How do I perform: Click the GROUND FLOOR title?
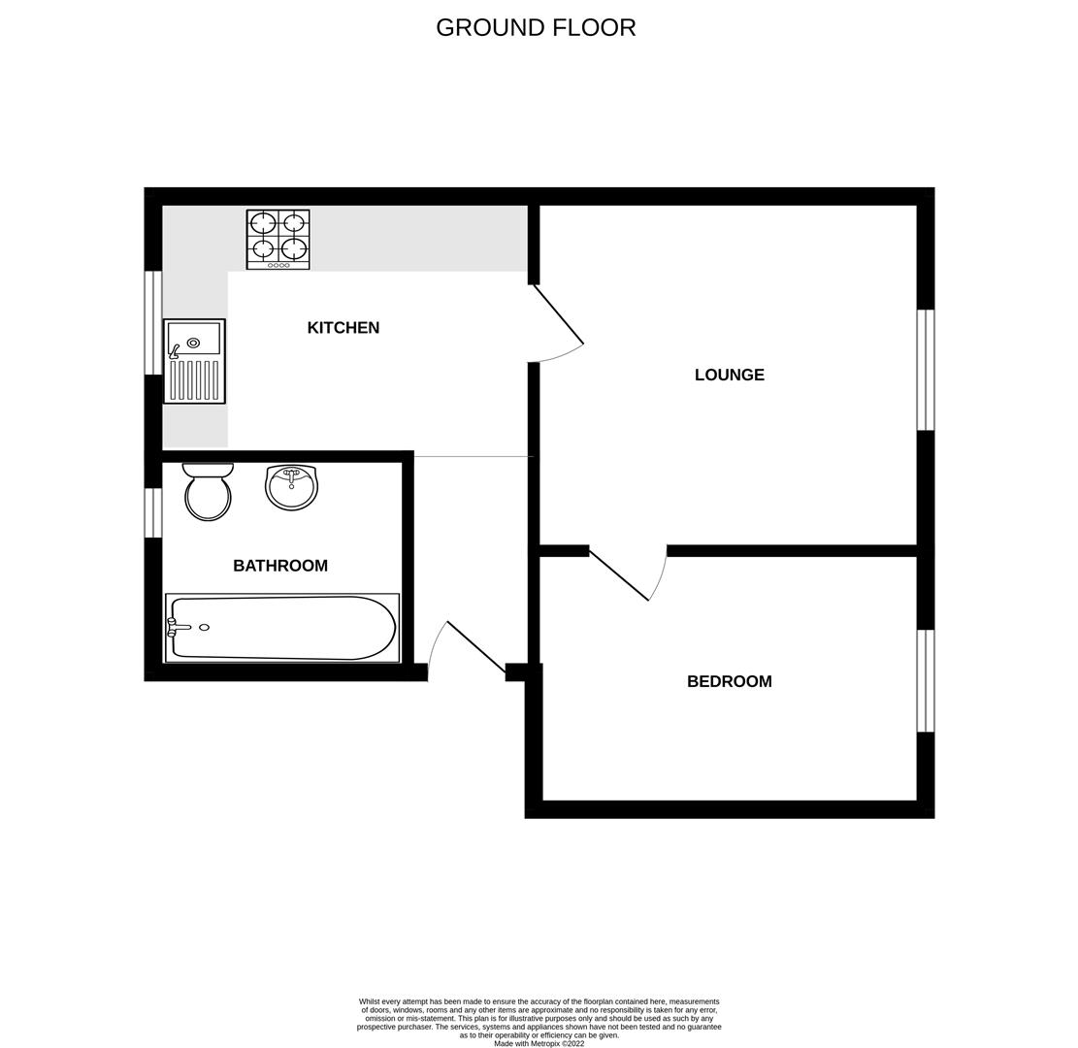pos(536,28)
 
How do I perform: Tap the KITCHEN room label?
pos(343,328)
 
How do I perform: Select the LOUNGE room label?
pos(729,375)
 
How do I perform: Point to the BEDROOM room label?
pos(729,681)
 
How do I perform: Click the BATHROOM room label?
pos(279,566)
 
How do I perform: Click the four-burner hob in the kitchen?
pos(278,238)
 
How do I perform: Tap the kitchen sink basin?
pos(194,340)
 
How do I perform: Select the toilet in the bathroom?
pos(208,492)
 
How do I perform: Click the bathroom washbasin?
pos(291,487)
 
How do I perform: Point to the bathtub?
pos(281,628)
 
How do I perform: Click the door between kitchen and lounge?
pos(558,315)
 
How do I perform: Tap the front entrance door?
pos(474,645)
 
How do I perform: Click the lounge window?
pos(926,370)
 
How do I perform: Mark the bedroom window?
pos(926,681)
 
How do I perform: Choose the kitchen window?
pos(153,322)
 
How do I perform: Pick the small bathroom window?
pos(153,512)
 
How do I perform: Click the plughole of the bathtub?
pos(204,628)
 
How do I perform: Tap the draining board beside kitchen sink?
pos(194,379)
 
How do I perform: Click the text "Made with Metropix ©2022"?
pos(539,1044)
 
